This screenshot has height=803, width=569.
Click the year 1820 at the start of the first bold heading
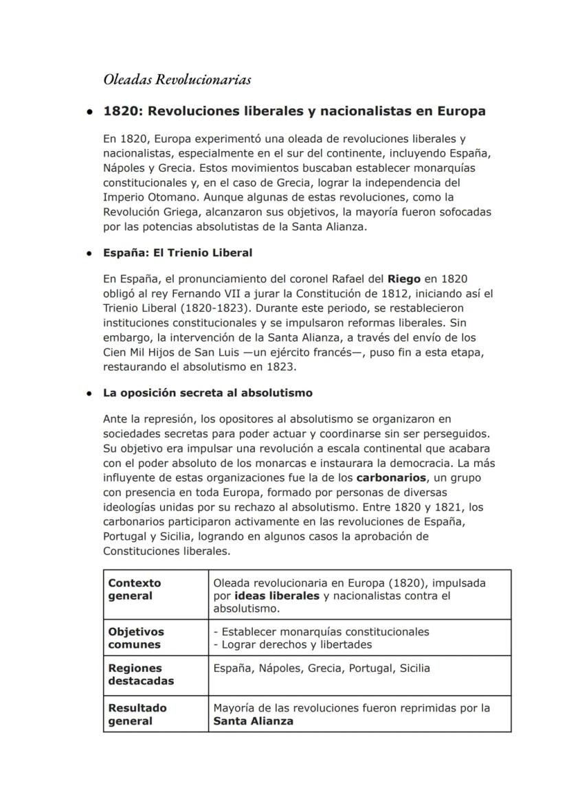tap(119, 111)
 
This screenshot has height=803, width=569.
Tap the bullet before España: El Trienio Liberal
tap(89, 253)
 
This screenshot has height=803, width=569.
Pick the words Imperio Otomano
tap(143, 197)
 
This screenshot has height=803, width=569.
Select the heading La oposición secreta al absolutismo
tap(208, 393)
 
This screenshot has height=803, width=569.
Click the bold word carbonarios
tap(392, 477)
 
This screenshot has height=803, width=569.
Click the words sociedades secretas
tap(150, 433)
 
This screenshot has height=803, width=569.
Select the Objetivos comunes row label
tap(136, 637)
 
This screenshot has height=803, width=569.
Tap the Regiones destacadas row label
tap(141, 674)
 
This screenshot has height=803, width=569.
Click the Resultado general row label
tap(137, 714)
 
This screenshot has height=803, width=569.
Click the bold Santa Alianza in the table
tap(253, 721)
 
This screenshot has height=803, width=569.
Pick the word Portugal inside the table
tap(371, 668)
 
